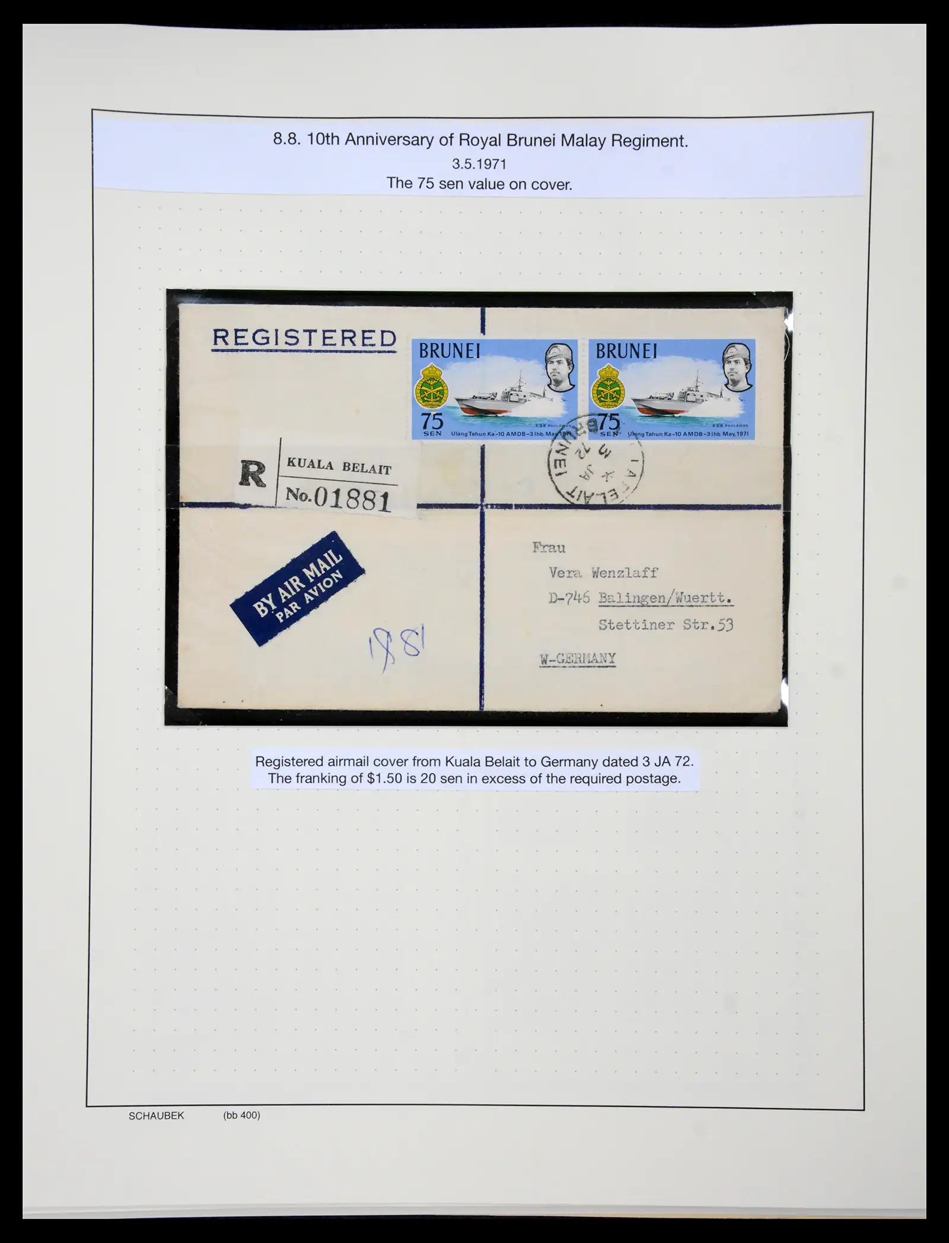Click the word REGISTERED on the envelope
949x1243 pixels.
[304, 338]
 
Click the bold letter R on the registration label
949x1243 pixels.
[253, 475]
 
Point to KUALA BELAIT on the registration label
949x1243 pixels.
[339, 466]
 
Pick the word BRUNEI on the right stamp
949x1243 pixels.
[626, 351]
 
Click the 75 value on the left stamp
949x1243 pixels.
[432, 422]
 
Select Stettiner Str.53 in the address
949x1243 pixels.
[665, 625]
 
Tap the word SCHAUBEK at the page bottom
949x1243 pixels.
[156, 1115]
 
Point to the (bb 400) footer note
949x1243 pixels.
[241, 1115]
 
